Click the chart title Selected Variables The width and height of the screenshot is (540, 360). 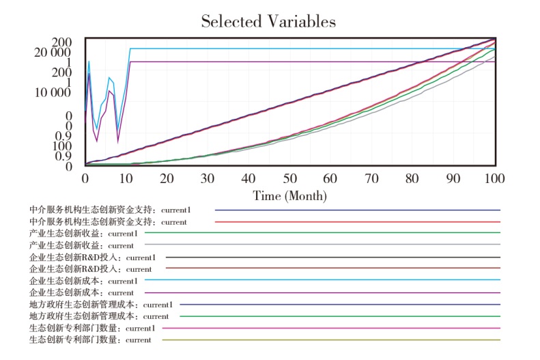coord(268,21)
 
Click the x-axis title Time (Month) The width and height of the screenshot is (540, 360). coord(290,195)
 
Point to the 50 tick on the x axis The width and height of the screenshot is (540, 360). coord(290,178)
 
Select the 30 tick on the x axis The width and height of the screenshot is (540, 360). coord(208,178)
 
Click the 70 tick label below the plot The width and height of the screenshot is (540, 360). coord(372,178)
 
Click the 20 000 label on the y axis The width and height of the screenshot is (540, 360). coord(52,53)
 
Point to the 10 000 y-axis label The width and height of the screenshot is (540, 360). coord(52,92)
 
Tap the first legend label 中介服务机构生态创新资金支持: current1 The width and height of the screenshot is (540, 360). coord(110,210)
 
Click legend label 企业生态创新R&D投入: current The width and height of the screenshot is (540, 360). coord(91,268)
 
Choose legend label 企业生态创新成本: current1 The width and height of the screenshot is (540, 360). coord(83,280)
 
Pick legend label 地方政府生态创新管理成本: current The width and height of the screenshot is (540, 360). coord(99,316)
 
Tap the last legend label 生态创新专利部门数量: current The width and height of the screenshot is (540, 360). coord(90,340)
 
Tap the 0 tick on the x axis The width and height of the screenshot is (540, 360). coord(85,178)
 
